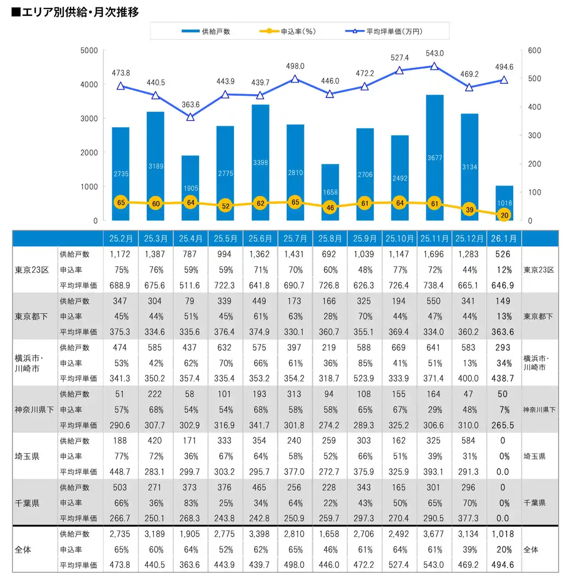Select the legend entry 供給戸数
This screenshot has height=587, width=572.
[x=206, y=32]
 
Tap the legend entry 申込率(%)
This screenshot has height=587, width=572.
[x=288, y=32]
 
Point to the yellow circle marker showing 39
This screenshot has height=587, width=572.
[x=470, y=210]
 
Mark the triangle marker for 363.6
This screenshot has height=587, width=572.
[x=191, y=117]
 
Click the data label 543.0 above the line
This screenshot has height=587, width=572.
[x=435, y=54]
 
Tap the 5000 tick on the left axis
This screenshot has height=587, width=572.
[x=89, y=50]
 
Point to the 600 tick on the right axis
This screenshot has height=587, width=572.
[x=534, y=50]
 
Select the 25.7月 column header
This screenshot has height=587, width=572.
[x=295, y=239]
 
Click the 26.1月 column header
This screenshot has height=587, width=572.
[x=504, y=239]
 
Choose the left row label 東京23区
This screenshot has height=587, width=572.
[x=32, y=270]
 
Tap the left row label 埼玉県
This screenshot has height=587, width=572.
[x=27, y=456]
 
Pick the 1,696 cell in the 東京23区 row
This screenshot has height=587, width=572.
[x=433, y=254]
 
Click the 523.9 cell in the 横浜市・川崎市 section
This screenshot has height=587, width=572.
[x=364, y=378]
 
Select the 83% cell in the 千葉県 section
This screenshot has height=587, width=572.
[x=191, y=503]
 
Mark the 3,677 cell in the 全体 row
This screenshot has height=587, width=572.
[x=433, y=534]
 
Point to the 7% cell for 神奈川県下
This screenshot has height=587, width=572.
[x=504, y=410]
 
